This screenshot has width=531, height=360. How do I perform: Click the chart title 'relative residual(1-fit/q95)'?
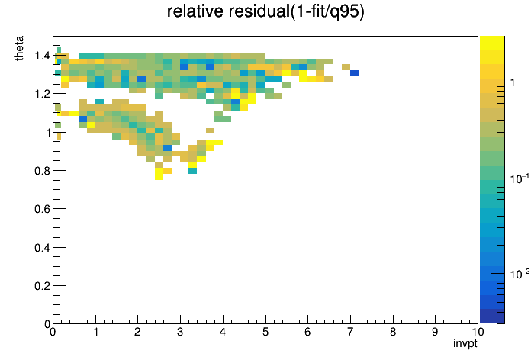265,11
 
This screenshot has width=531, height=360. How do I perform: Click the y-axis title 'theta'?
19,48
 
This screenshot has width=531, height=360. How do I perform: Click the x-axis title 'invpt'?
465,344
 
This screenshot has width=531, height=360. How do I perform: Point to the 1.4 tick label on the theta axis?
42,56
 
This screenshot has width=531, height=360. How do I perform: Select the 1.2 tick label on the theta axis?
42,94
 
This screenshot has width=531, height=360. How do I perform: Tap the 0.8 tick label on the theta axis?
42,171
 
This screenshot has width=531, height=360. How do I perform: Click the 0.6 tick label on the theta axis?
42,209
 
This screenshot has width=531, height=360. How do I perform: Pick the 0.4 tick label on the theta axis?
42,248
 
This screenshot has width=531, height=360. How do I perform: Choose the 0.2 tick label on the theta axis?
42,286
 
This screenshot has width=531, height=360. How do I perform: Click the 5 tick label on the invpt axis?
265,332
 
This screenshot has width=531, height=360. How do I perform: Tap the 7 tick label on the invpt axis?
350,332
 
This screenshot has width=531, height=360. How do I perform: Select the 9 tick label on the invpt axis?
435,332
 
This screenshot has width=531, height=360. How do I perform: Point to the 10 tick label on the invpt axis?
478,332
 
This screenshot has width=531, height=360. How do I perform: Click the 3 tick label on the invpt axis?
180,332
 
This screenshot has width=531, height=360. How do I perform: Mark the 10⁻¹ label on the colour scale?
520,178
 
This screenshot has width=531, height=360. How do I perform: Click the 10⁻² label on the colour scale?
520,274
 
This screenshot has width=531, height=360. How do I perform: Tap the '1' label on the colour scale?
513,82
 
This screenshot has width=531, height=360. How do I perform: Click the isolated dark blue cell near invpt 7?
354,73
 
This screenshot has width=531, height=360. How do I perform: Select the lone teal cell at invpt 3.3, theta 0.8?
193,171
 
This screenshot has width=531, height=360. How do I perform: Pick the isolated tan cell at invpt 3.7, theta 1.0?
210,130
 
